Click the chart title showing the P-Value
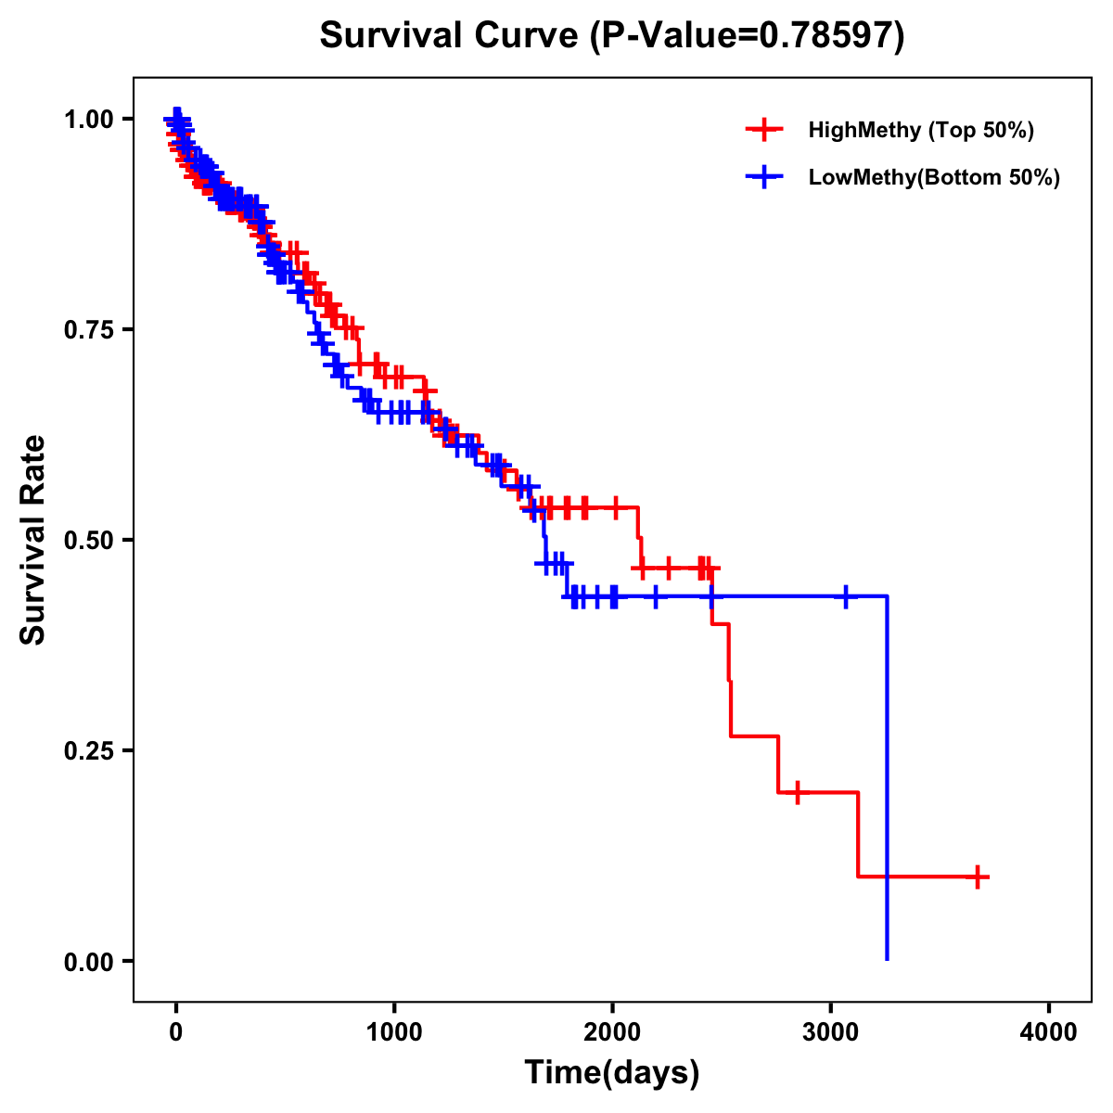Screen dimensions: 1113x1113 (x=612, y=35)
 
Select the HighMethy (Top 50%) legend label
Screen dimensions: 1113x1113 (x=921, y=130)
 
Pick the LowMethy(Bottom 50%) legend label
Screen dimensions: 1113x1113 (x=934, y=177)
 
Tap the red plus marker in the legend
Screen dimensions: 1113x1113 (x=763, y=130)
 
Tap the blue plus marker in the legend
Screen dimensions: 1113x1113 (x=763, y=177)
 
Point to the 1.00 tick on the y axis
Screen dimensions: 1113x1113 (x=88, y=120)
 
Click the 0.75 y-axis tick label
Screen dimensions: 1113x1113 (x=88, y=330)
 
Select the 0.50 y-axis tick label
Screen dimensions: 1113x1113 (x=88, y=541)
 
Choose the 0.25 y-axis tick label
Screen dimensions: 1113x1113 (x=88, y=751)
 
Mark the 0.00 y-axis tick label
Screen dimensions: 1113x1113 (x=88, y=962)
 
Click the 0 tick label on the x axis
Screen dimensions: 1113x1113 (x=175, y=1033)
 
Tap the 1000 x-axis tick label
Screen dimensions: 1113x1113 (x=394, y=1033)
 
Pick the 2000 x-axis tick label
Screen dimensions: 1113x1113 (x=612, y=1033)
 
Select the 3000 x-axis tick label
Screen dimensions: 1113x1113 (x=831, y=1033)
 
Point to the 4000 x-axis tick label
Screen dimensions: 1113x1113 (x=1049, y=1033)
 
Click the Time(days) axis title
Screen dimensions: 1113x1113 (x=612, y=1073)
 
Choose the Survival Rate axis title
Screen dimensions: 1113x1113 (x=33, y=540)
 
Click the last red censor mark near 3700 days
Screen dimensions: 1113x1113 (x=978, y=876)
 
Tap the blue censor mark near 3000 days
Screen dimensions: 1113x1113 (x=845, y=596)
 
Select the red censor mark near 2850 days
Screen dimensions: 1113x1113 (x=797, y=792)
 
